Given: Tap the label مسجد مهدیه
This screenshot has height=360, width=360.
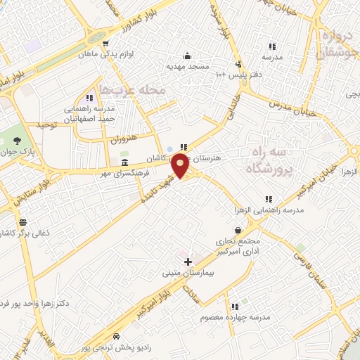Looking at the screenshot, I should (188, 66).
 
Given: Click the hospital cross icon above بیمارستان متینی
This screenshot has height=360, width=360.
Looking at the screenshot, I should (187, 262).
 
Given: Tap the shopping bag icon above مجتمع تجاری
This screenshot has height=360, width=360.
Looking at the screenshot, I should (238, 230).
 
